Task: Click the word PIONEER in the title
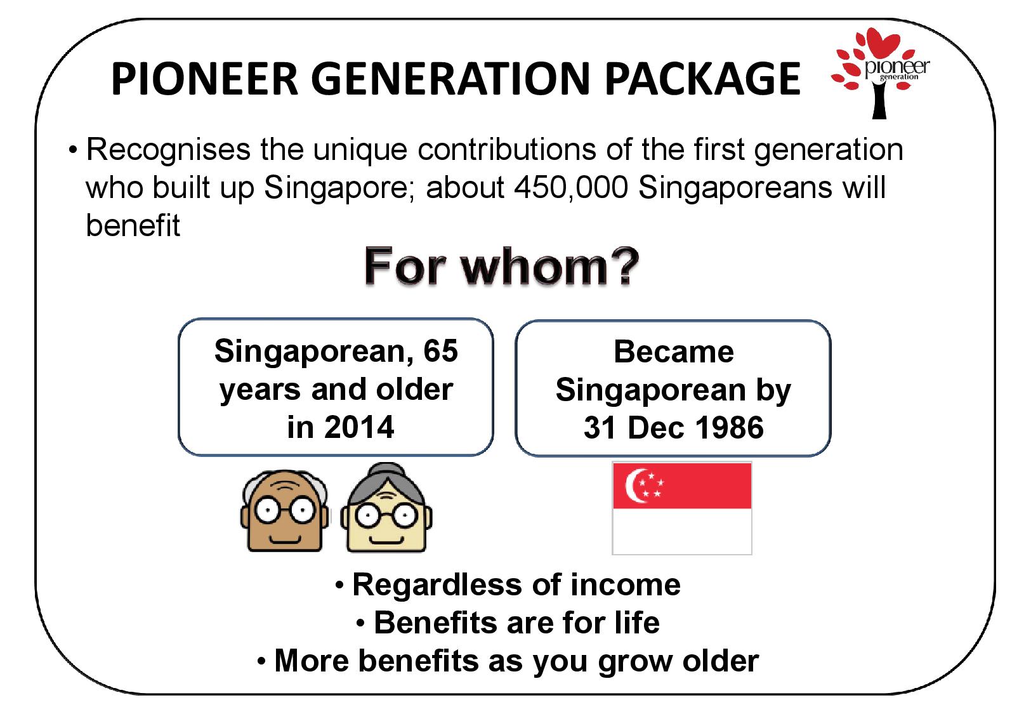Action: [x=205, y=79]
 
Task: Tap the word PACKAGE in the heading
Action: [x=703, y=79]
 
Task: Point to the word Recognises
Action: [x=169, y=150]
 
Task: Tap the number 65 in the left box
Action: [x=440, y=351]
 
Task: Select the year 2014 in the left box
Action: [x=359, y=427]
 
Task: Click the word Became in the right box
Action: [x=674, y=352]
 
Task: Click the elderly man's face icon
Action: [x=285, y=510]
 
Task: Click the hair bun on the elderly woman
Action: [x=386, y=471]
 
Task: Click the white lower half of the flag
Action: [x=681, y=531]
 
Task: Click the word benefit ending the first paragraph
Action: [x=133, y=225]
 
